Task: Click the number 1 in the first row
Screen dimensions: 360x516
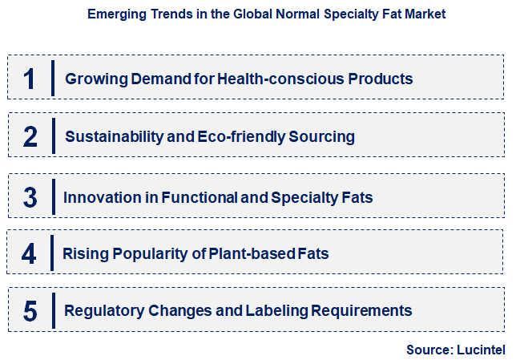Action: [x=30, y=79]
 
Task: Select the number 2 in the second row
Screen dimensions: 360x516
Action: [x=30, y=137]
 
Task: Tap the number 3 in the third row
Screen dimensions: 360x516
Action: [x=30, y=197]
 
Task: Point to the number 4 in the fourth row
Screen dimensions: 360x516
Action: [x=30, y=255]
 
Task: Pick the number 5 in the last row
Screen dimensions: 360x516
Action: [x=30, y=311]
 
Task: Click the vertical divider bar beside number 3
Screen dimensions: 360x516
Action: [x=52, y=197]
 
